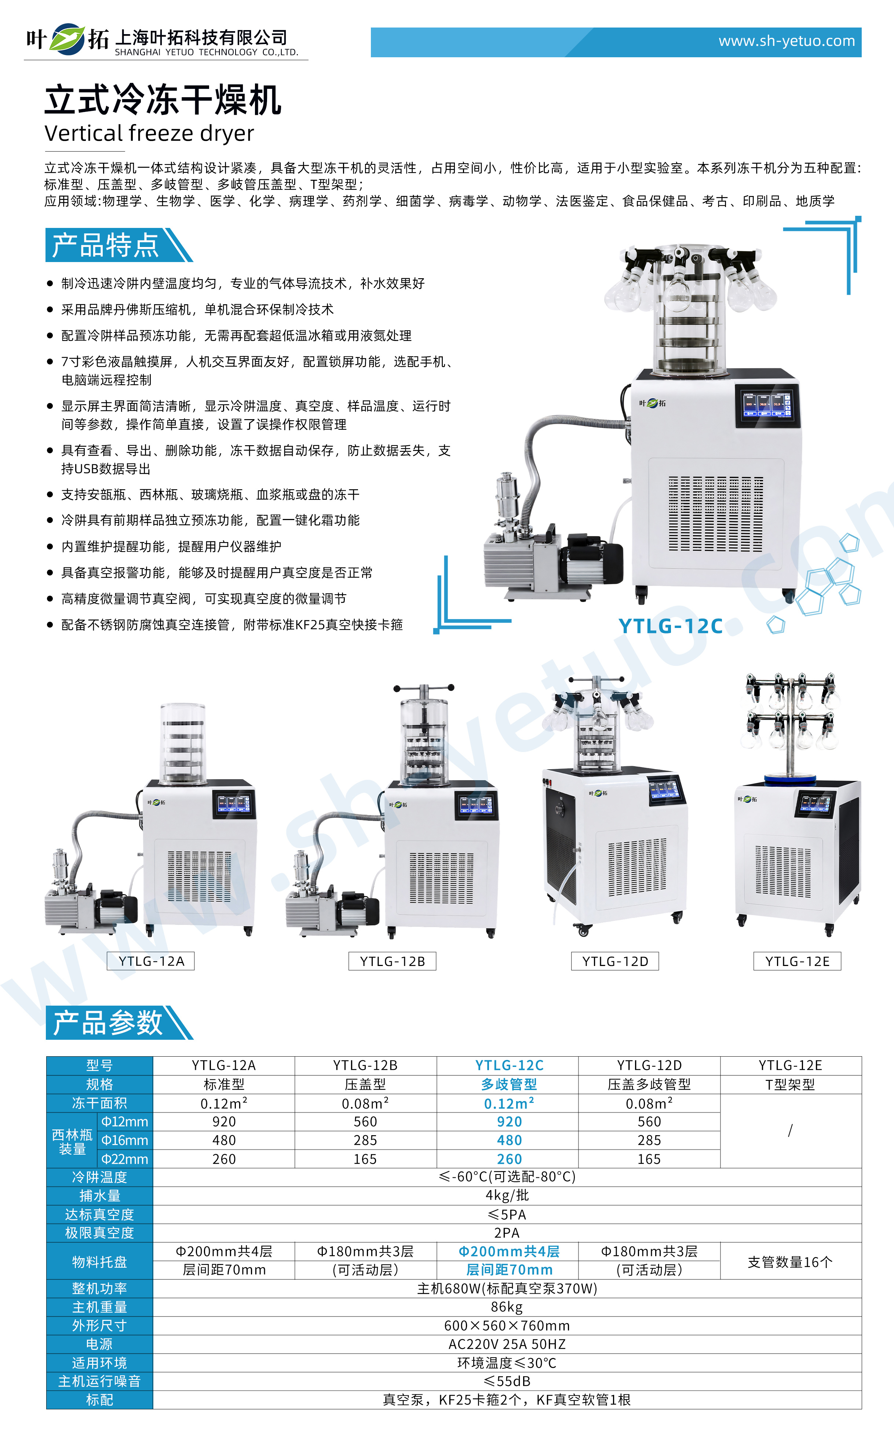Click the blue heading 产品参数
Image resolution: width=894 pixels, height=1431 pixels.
(107, 1023)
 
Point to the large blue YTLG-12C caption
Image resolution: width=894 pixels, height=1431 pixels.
(671, 626)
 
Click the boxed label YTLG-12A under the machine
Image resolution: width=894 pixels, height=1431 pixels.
(151, 961)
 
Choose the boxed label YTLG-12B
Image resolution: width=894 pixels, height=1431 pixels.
(393, 961)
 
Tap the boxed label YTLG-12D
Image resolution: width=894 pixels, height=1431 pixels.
(615, 961)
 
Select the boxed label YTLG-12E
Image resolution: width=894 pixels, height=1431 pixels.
(797, 961)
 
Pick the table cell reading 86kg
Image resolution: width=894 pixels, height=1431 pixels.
(507, 1307)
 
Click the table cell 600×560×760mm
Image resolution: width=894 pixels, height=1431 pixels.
(507, 1326)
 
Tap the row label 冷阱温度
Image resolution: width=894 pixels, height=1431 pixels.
(99, 1177)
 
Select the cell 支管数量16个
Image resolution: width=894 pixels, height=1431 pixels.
(790, 1262)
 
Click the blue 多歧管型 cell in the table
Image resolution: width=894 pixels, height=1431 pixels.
(509, 1084)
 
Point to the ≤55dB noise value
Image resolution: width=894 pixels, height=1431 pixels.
(507, 1381)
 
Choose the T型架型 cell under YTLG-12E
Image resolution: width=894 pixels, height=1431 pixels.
(790, 1084)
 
